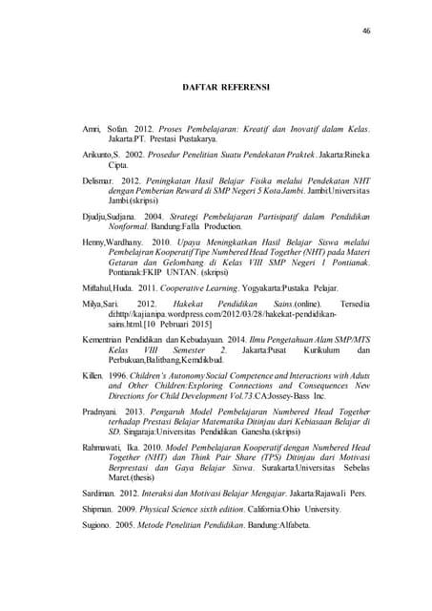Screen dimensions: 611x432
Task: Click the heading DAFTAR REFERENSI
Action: coord(225,87)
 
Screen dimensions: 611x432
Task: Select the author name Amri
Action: coord(90,127)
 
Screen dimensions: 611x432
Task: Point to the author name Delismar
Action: coord(98,178)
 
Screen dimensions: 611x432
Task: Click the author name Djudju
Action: coord(95,217)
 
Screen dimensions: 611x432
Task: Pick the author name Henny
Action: coord(94,242)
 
